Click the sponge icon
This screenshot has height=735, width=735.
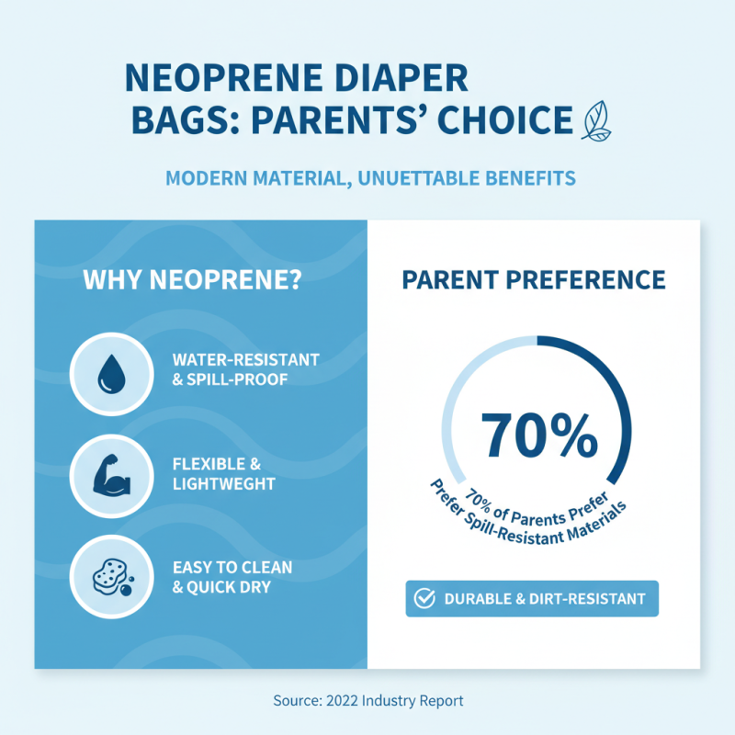tap(110, 576)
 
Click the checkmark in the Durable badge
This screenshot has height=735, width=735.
tap(425, 599)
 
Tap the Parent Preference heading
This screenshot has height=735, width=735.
tap(534, 279)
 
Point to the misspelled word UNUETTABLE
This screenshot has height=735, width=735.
tap(417, 177)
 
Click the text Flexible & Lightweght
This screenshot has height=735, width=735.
tap(223, 474)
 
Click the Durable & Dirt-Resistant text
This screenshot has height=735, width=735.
tap(544, 599)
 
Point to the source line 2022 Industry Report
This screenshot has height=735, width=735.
tap(367, 700)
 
